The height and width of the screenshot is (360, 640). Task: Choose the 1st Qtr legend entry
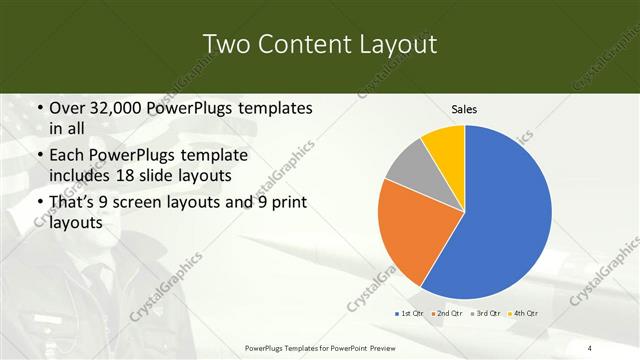pos(408,313)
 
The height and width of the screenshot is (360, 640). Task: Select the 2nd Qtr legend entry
pos(447,313)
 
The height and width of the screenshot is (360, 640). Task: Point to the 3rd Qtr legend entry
pos(486,313)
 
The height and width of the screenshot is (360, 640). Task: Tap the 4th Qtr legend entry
pos(524,313)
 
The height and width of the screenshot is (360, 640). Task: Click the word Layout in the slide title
pos(398,44)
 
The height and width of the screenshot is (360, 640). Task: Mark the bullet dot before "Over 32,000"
pos(39,108)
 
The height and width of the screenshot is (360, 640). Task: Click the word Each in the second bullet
pos(66,157)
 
